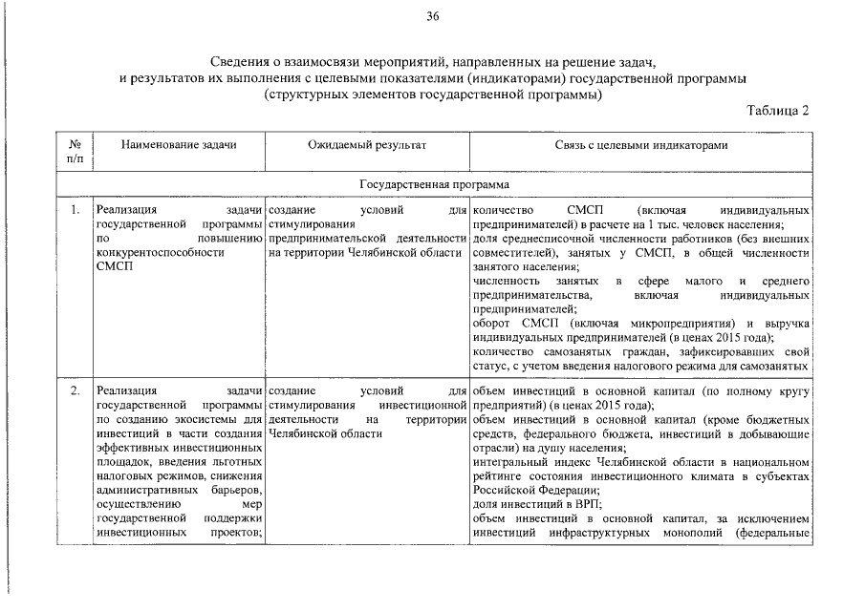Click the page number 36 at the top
coord(432,16)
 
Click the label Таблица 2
coord(778,110)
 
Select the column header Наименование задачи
coord(179,145)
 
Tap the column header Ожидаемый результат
coord(366,145)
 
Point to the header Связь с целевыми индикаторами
coord(640,145)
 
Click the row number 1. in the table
coord(75,209)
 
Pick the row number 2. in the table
coord(75,391)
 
